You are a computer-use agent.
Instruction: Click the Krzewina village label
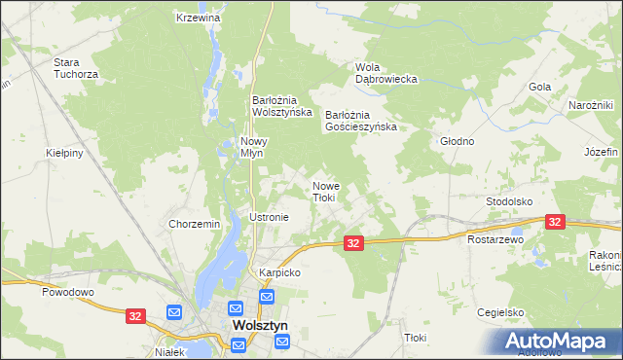tap(199, 18)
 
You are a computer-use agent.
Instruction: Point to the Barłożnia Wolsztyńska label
tap(281, 106)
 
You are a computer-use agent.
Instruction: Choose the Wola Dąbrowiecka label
tap(385, 73)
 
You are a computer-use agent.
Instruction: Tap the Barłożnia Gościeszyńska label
tap(361, 121)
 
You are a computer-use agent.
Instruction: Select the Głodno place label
tap(457, 141)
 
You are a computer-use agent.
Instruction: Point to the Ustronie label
tap(270, 217)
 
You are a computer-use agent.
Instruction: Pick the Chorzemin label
tap(195, 224)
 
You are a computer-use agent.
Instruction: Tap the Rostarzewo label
tap(495, 239)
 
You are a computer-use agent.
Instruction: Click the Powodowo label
tap(66, 291)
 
